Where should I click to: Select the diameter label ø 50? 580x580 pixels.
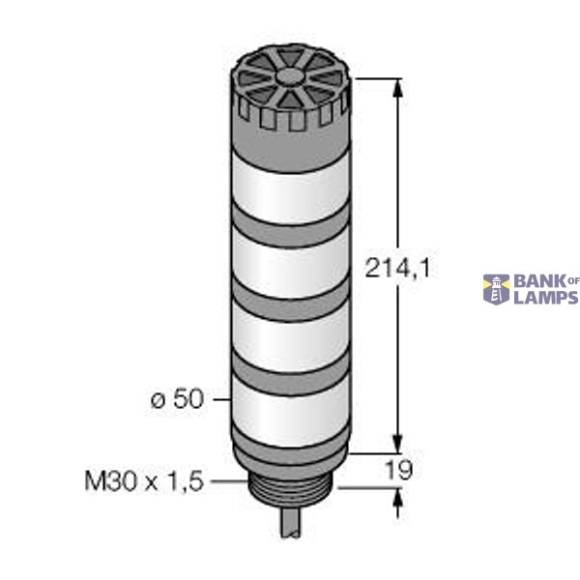pos(177,398)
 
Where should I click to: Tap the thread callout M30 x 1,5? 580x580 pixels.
pos(144,480)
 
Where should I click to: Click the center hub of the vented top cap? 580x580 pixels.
pos(287,75)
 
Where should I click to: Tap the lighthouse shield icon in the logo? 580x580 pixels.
pos(496,289)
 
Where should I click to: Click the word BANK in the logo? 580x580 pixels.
pos(537,281)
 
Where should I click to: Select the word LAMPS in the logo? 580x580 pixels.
pos(545,298)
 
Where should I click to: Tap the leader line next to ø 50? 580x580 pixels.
pos(218,398)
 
